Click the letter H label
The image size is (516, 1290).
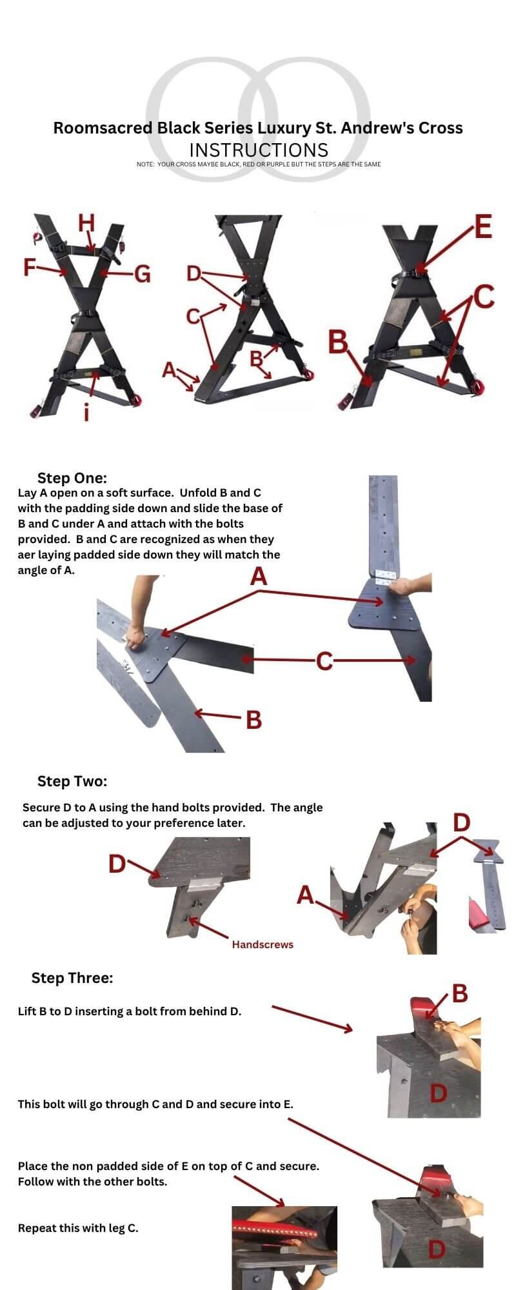pyautogui.click(x=86, y=223)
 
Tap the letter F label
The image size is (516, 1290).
pyautogui.click(x=30, y=267)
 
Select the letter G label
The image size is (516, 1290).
pyautogui.click(x=142, y=274)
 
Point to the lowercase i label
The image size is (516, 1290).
pyautogui.click(x=86, y=412)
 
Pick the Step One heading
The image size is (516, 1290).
pyautogui.click(x=72, y=478)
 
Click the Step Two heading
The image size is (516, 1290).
pyautogui.click(x=72, y=781)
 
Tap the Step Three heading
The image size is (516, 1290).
pyautogui.click(x=72, y=978)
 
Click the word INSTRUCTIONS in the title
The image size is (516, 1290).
pyautogui.click(x=259, y=150)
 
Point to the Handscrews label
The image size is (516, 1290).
pyautogui.click(x=263, y=944)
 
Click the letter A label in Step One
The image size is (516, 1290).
pyautogui.click(x=259, y=576)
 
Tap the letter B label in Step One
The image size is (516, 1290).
pyautogui.click(x=254, y=719)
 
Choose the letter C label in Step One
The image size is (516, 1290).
pyautogui.click(x=324, y=660)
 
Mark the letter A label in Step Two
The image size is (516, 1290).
pyautogui.click(x=305, y=895)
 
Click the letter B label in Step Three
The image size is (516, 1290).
pyautogui.click(x=460, y=994)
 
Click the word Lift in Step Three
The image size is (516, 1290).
pyautogui.click(x=27, y=1011)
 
